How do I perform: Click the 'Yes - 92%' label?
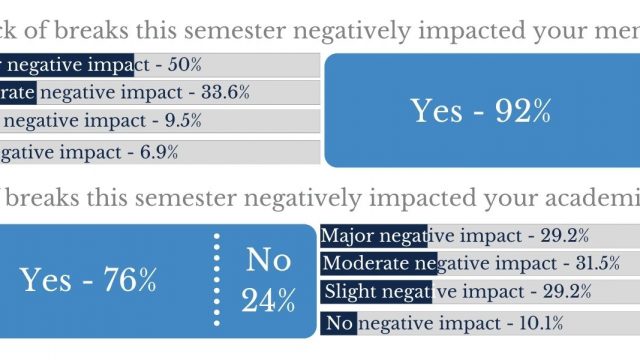point(481,110)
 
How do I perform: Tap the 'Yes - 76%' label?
point(88,281)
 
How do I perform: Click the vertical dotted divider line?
point(216,281)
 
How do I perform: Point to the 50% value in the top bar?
point(185,65)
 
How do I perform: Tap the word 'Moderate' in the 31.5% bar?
point(366,265)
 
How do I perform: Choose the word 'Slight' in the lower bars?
point(353,293)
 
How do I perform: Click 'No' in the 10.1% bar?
point(340,323)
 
